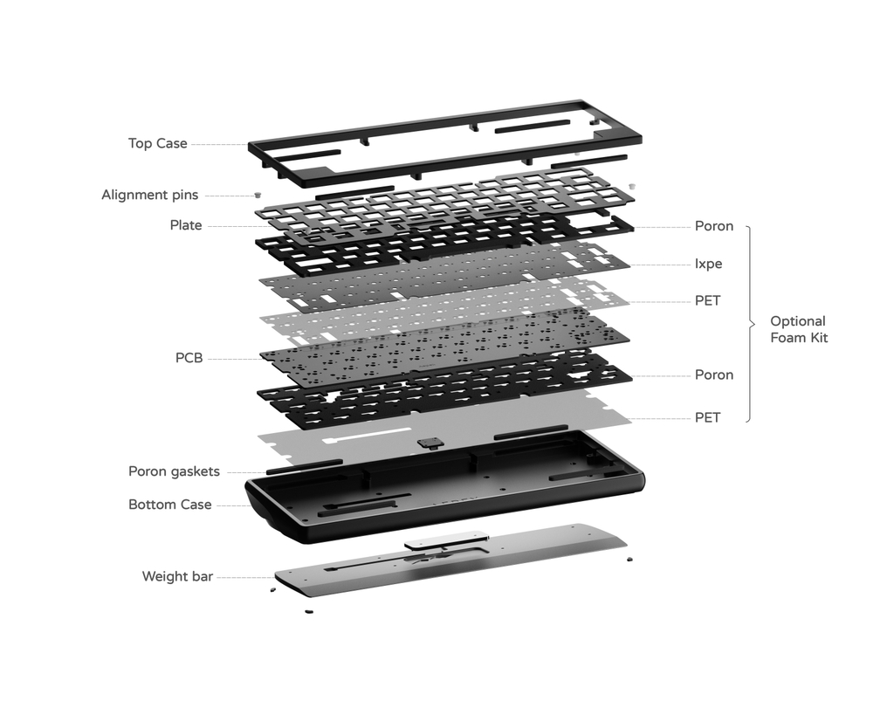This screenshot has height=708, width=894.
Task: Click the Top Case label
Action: click(x=157, y=143)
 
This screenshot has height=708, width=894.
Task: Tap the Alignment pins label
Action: click(x=149, y=195)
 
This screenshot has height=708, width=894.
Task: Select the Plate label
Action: click(x=185, y=225)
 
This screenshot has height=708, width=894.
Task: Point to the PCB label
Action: click(x=189, y=358)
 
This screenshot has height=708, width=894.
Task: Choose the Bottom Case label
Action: click(x=169, y=505)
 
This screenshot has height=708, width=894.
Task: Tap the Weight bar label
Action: click(x=177, y=576)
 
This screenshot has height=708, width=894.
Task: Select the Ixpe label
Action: click(x=708, y=264)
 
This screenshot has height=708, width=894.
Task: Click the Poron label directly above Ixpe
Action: click(x=713, y=227)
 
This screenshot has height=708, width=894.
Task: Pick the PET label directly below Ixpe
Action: click(x=707, y=301)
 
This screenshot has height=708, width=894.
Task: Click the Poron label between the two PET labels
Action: click(x=713, y=375)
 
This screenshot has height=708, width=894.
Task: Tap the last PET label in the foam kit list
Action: click(x=707, y=418)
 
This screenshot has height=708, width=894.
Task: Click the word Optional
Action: click(x=797, y=321)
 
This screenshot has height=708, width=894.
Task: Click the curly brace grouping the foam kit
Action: click(x=750, y=323)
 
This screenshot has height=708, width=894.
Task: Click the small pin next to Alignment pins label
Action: click(x=257, y=196)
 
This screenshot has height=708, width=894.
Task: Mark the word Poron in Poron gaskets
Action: click(x=147, y=471)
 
